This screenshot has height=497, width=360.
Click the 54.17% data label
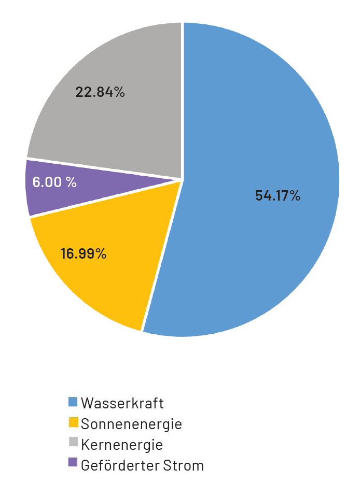(x=278, y=196)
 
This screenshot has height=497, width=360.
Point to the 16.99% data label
(x=84, y=254)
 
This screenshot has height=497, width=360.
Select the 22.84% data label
(x=100, y=92)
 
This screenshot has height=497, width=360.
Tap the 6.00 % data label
(x=54, y=182)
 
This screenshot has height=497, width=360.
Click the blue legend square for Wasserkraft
(x=73, y=402)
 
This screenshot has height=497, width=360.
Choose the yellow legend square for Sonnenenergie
(x=73, y=423)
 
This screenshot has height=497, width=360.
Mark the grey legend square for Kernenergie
(x=73, y=444)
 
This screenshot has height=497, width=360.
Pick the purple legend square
(x=73, y=464)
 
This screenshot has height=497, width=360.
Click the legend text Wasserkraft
(x=122, y=403)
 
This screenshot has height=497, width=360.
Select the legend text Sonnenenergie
(x=131, y=424)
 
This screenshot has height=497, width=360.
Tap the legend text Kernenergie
(x=122, y=445)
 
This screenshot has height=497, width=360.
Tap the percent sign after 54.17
(x=295, y=196)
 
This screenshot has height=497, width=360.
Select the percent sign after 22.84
(x=119, y=92)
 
